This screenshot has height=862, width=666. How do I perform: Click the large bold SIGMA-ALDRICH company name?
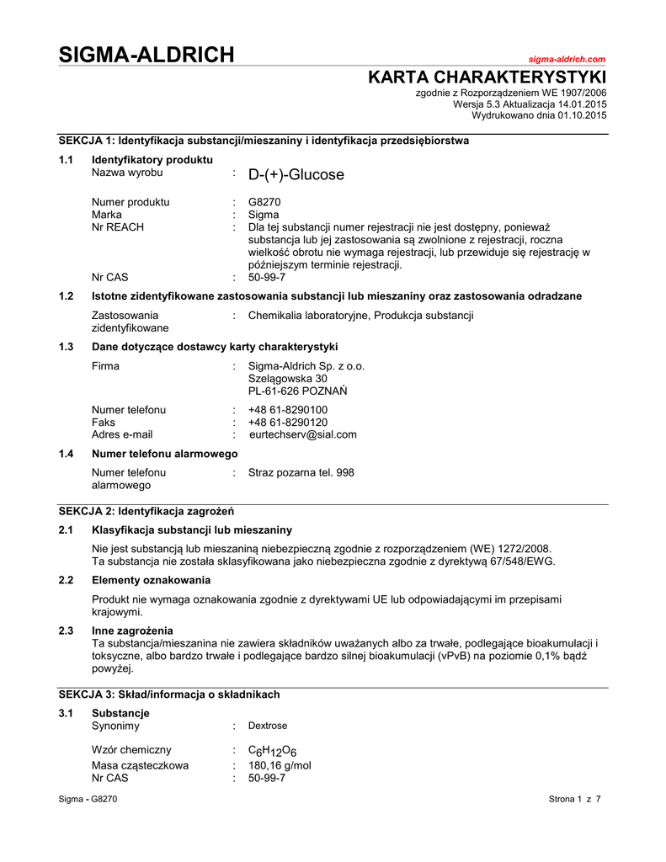147,56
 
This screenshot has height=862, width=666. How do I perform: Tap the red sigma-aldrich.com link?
566,60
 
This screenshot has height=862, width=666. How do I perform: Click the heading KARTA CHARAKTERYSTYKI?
488,78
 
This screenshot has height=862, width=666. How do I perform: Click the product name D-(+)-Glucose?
296,175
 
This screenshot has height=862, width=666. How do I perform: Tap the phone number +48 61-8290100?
288,410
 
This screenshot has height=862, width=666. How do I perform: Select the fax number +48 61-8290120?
288,423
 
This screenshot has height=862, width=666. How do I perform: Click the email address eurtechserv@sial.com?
303,435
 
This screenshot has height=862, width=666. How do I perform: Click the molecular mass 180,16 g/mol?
280,766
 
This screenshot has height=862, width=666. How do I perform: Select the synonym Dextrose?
268,726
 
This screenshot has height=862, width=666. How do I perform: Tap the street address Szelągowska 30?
288,379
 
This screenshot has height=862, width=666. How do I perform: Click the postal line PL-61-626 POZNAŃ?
298,391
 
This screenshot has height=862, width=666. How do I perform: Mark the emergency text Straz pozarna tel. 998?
301,473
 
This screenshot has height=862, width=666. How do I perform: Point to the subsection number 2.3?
67,631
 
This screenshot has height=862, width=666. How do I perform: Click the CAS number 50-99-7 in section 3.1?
267,779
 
